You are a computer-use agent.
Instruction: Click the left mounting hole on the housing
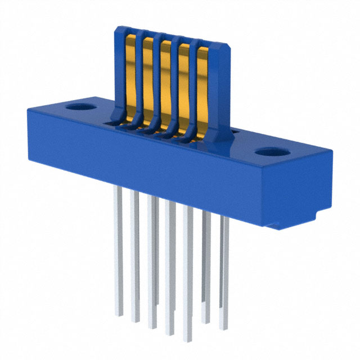click(x=82, y=106)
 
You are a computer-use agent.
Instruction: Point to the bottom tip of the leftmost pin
click(x=119, y=312)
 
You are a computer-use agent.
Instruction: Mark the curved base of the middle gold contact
click(x=164, y=127)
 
